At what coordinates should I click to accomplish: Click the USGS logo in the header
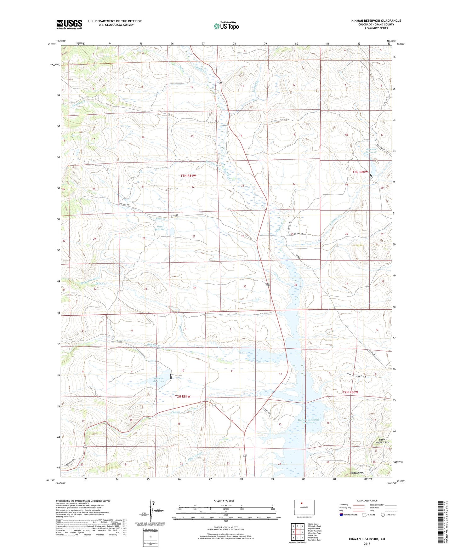point(69,24)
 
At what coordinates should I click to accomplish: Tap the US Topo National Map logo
point(226,26)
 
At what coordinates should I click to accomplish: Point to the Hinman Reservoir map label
point(159,380)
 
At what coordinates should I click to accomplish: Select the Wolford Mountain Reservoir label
point(309,421)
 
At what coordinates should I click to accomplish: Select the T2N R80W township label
point(350,392)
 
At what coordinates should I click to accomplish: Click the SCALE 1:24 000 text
point(224,501)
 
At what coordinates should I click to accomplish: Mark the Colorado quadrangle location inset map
point(304,508)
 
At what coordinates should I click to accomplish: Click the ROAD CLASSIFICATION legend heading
point(367,501)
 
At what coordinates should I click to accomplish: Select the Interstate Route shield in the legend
point(342,515)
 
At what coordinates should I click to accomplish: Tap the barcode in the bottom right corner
point(441,522)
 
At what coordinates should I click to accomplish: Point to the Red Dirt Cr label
point(154,345)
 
